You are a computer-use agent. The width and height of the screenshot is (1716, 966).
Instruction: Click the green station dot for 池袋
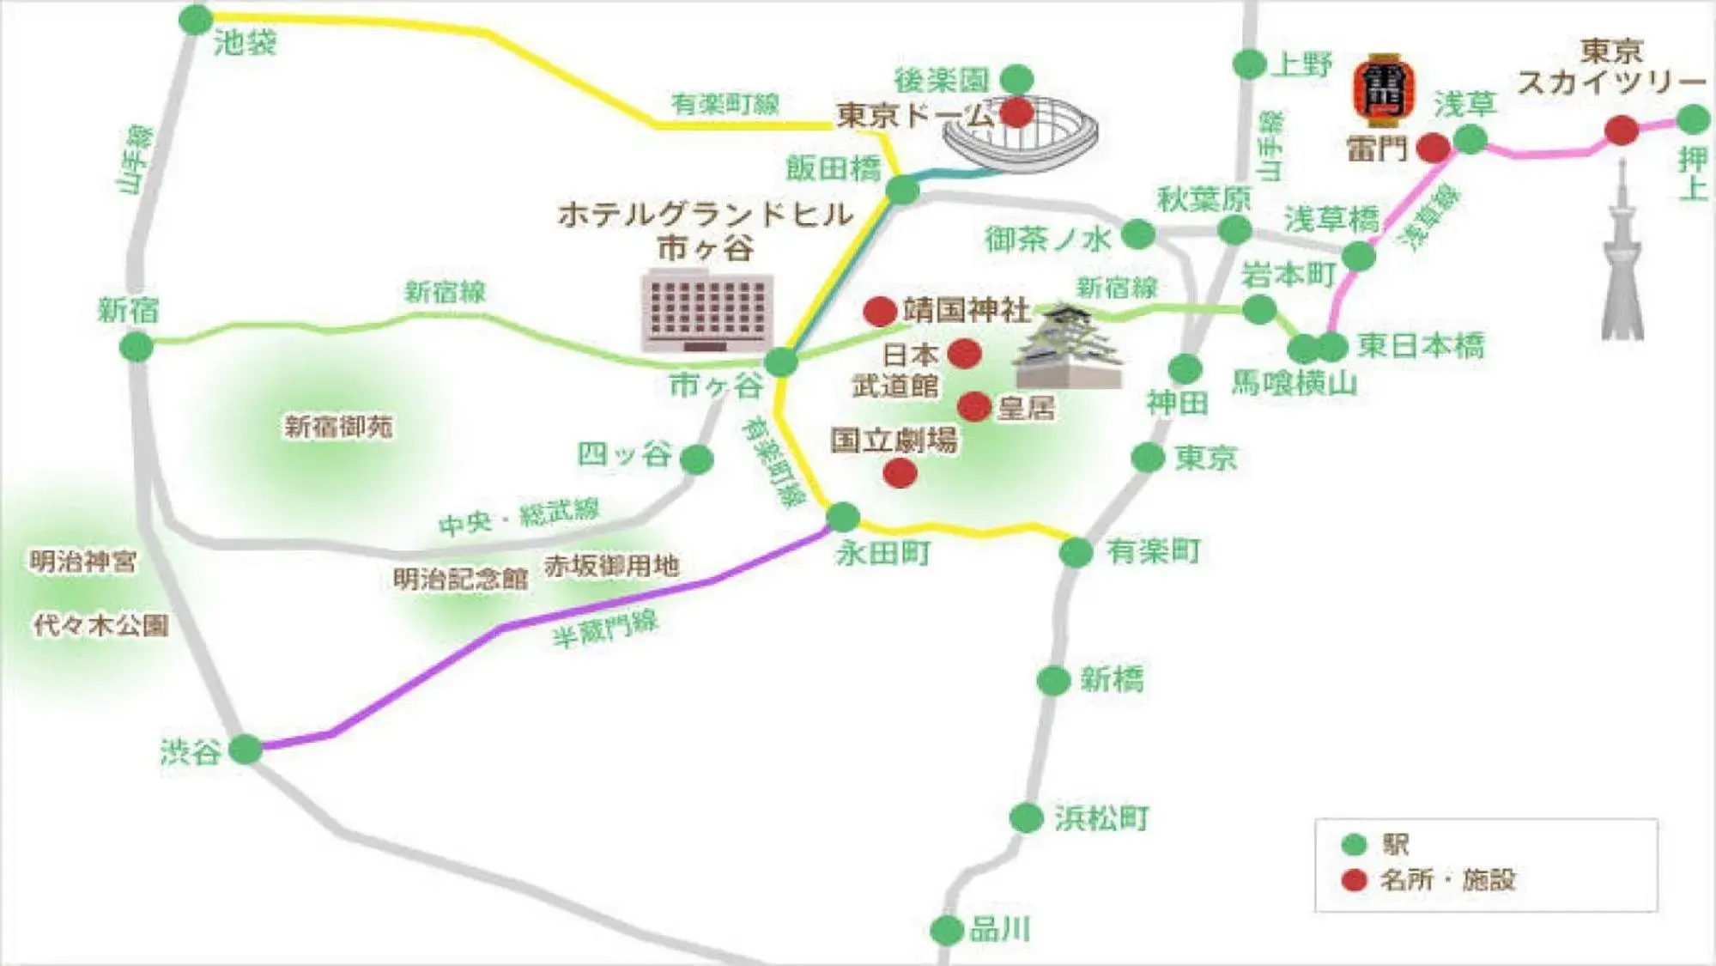196,19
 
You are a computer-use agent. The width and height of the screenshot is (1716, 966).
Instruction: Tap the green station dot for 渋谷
246,749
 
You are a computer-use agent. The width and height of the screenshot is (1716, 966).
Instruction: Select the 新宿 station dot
136,347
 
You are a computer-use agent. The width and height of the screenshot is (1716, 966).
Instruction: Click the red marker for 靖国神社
880,311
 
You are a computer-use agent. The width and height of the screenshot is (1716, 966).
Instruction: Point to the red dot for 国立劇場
900,472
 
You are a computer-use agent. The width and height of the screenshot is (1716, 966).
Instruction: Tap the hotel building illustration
706,311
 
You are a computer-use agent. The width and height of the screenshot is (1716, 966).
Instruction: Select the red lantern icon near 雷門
1384,90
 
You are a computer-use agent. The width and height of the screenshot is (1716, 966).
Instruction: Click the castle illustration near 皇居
1069,348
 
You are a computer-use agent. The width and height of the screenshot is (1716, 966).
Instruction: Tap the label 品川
999,930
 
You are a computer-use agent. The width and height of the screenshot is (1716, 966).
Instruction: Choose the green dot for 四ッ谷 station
697,459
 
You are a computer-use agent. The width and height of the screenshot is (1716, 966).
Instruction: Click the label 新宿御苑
338,426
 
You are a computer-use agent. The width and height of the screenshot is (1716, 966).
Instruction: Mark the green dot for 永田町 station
843,516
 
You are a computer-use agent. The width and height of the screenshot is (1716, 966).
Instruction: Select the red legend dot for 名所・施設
1354,880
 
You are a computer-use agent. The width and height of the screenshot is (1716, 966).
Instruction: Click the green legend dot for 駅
1354,845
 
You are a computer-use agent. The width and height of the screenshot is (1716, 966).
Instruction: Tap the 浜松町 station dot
1027,817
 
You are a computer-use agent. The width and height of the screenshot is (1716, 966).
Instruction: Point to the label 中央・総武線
518,517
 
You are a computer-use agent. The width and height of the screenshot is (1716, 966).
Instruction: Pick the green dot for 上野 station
1249,64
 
